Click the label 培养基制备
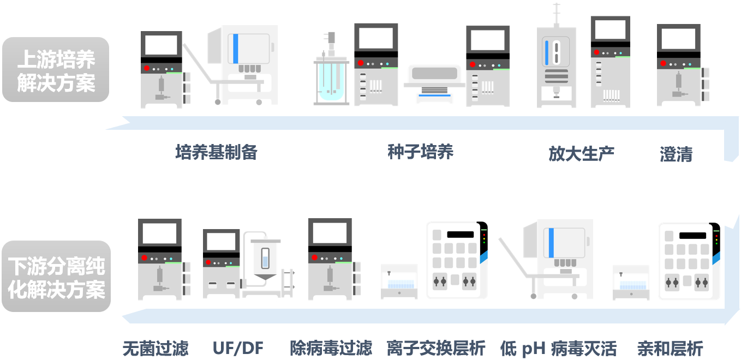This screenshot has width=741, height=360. pos(216,152)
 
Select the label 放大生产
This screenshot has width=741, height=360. pos(581,153)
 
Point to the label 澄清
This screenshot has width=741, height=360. pos(676,154)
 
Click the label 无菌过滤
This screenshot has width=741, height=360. pos(156,348)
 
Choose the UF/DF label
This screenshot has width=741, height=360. pos(238,348)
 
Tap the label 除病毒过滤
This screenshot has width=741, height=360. pos(331,348)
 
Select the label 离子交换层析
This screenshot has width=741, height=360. pos(436,348)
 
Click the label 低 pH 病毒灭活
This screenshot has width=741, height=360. pos(558,348)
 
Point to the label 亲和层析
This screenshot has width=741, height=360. pos(670,348)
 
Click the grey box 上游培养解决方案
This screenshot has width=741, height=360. pos(56,70)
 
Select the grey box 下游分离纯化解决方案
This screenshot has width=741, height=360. pos(56,277)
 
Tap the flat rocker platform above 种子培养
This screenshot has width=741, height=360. pos(434,83)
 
